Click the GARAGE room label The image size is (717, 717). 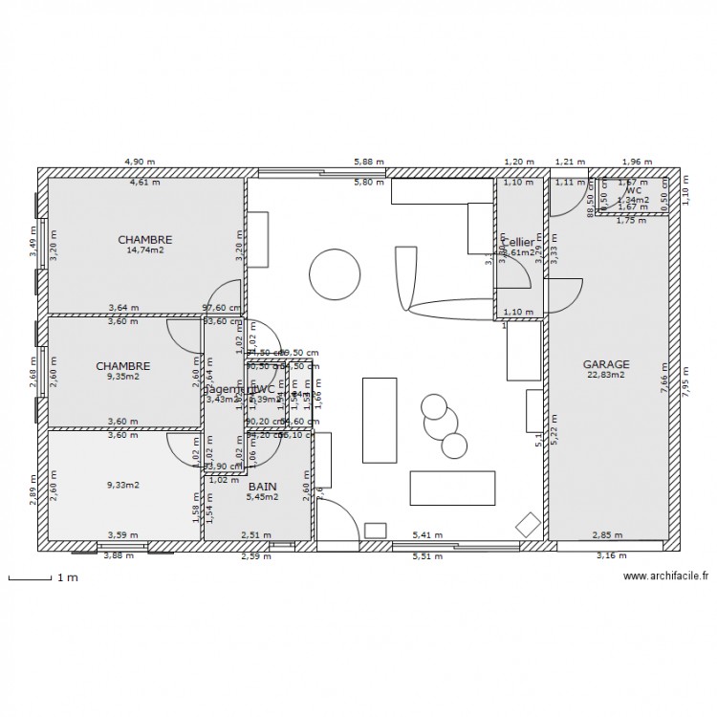606,364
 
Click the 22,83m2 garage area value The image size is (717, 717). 606,375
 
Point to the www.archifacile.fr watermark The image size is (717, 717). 665,576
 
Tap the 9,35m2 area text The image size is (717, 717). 122,376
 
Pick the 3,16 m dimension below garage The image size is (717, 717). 612,555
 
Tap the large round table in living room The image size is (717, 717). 336,272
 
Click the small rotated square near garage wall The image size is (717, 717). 527,524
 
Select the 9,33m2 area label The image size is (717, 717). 122,485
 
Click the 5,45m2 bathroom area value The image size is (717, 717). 262,497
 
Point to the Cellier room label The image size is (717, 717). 519,243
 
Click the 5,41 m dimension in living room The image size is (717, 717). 426,535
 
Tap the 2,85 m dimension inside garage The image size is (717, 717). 607,535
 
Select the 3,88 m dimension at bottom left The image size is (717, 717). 119,555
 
